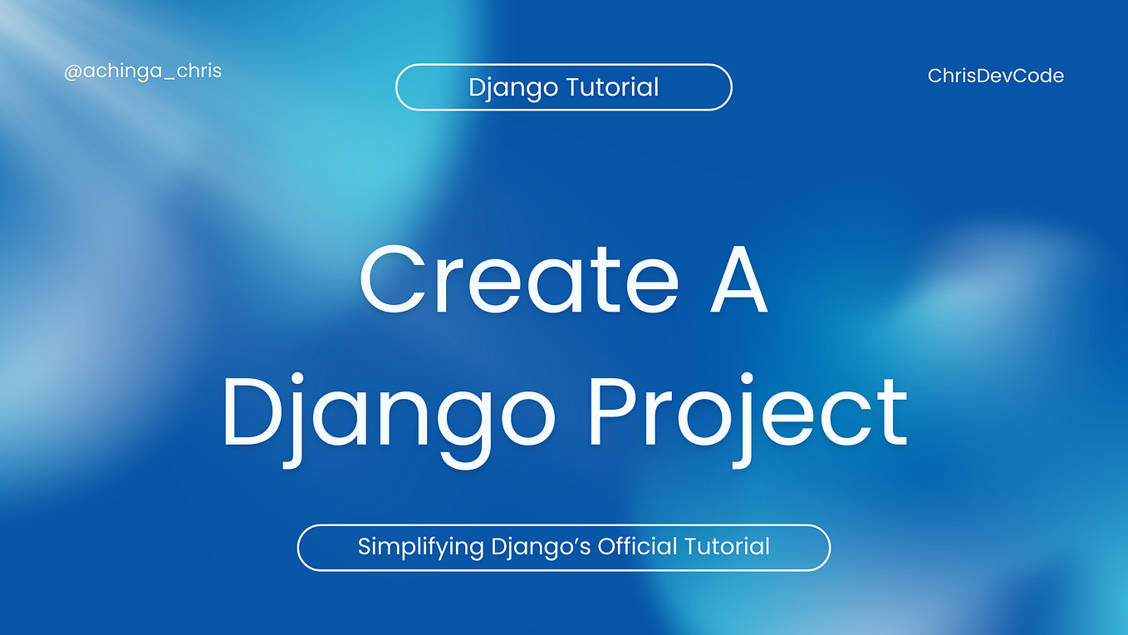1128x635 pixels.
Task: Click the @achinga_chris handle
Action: pyautogui.click(x=143, y=71)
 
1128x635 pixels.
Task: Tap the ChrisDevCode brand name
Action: pyautogui.click(x=995, y=76)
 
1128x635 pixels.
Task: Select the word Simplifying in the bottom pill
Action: pyautogui.click(x=420, y=547)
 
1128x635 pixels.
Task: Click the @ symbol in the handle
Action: pyautogui.click(x=72, y=71)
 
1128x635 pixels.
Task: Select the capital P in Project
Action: pyautogui.click(x=615, y=412)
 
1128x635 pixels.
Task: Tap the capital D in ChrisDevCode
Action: pyautogui.click(x=978, y=76)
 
